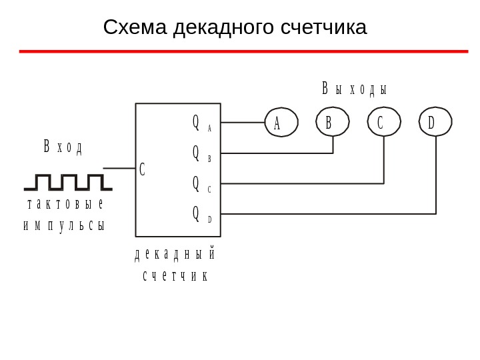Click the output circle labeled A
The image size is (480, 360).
pyautogui.click(x=281, y=123)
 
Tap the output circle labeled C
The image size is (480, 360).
pyautogui.click(x=384, y=123)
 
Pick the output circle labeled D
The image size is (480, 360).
pyautogui.click(x=435, y=123)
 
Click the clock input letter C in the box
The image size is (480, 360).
pyautogui.click(x=142, y=169)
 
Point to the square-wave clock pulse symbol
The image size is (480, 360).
pyautogui.click(x=68, y=181)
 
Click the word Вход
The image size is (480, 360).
pyautogui.click(x=63, y=147)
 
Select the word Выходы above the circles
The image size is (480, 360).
pyautogui.click(x=355, y=89)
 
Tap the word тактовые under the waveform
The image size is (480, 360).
pyautogui.click(x=65, y=204)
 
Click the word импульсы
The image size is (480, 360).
pyautogui.click(x=64, y=225)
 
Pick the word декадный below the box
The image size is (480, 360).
pyautogui.click(x=175, y=255)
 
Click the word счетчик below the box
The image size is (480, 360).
pyautogui.click(x=175, y=275)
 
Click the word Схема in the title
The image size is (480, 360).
pyautogui.click(x=135, y=27)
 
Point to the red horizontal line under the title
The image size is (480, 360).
pyautogui.click(x=243, y=51)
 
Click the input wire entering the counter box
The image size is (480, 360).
pyautogui.click(x=119, y=169)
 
